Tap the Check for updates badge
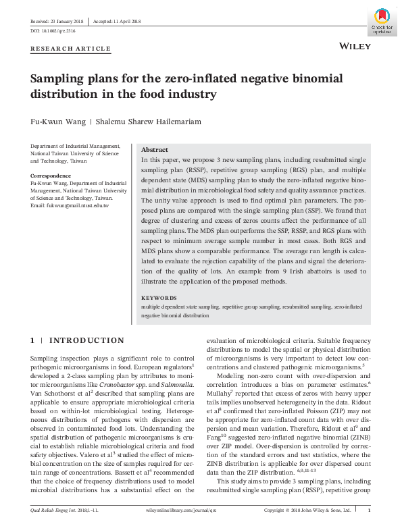pos(382,22)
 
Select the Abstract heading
pos(155,150)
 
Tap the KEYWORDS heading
pos(159,298)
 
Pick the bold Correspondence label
pos(51,176)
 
